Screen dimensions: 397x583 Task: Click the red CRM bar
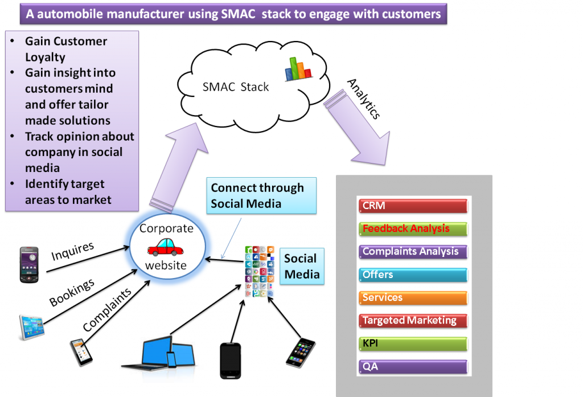(x=413, y=206)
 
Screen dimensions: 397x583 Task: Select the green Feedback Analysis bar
(x=413, y=229)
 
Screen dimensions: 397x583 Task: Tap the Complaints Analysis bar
(x=413, y=252)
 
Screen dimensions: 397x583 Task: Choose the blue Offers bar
(x=413, y=275)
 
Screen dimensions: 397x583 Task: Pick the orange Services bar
(x=413, y=298)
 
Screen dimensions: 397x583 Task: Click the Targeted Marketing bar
(x=413, y=321)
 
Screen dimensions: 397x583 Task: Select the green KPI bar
(x=413, y=344)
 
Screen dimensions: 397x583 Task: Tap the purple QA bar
(x=413, y=367)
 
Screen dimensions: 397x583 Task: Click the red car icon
(x=165, y=247)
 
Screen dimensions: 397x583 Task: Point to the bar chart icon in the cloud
(x=299, y=68)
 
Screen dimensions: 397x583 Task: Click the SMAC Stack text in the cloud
(x=236, y=87)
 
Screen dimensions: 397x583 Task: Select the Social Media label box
(x=301, y=266)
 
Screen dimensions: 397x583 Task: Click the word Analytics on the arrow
(x=363, y=99)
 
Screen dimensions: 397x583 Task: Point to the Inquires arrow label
(x=73, y=251)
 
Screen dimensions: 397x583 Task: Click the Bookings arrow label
(x=72, y=293)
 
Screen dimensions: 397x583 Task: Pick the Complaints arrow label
(x=106, y=309)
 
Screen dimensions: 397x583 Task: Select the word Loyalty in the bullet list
(x=45, y=57)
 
